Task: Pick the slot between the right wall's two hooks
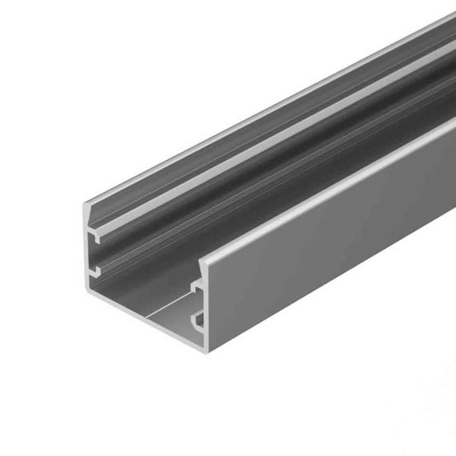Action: (x=198, y=305)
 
